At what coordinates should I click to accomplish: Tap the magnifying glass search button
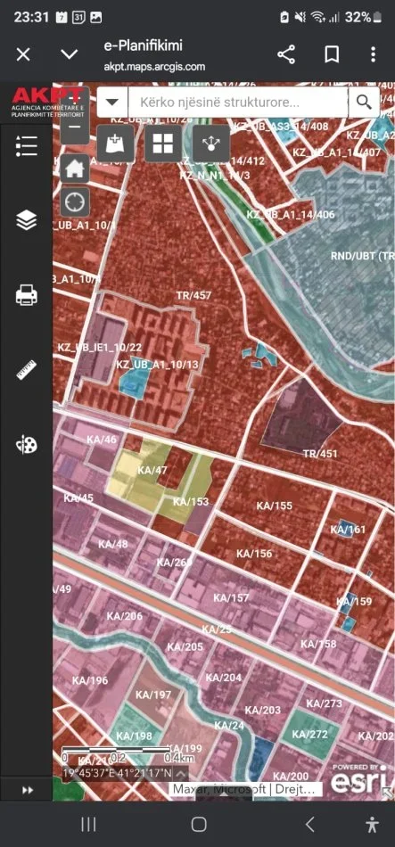coord(363,102)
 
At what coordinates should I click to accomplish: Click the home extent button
coord(75,167)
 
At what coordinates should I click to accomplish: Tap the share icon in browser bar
coord(286,54)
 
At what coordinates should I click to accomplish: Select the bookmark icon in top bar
coord(332,54)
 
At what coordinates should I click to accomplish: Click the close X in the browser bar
coord(24,54)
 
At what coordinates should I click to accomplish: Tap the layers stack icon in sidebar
coord(26,219)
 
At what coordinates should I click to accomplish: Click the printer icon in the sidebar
coord(26,295)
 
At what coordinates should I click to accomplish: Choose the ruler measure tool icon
coord(26,370)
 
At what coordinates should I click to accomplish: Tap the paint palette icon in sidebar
coord(26,445)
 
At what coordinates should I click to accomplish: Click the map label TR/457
coord(193,295)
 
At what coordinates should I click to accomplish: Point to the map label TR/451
coord(320,454)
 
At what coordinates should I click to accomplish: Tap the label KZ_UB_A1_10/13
coord(164,365)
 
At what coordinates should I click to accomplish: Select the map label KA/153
coord(191,502)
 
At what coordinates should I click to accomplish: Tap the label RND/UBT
coord(353,256)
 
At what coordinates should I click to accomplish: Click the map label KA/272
coord(313,734)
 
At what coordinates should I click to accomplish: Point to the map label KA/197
coord(153,695)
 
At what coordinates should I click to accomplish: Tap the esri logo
coord(360,780)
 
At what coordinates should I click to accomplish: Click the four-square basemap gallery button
coord(162,144)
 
